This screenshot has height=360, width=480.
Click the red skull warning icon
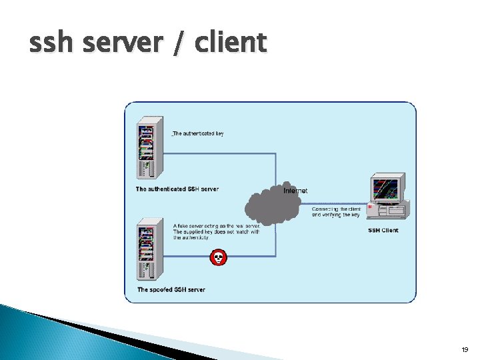tap(218, 257)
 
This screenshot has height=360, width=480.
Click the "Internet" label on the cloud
tap(295, 191)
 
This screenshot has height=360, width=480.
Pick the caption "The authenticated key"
tap(198, 133)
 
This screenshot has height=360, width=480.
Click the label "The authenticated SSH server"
tap(177, 189)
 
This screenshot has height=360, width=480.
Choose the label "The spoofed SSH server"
tap(171, 290)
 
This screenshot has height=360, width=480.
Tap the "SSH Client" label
tap(383, 231)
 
